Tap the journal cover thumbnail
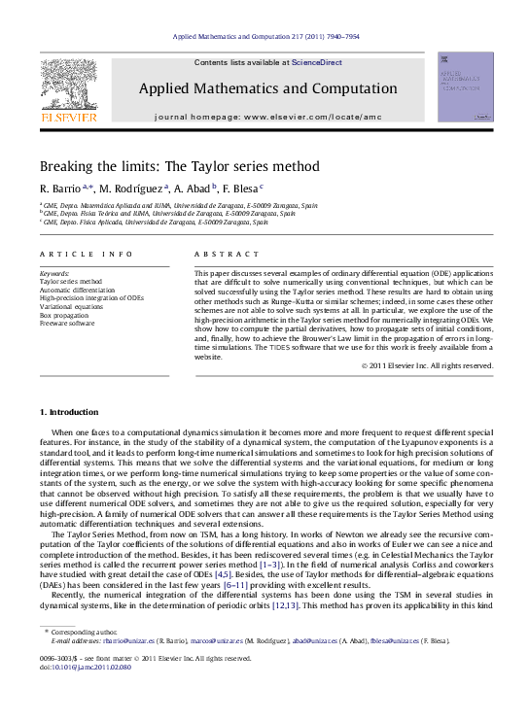coord(465,87)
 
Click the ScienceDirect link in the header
coord(317,62)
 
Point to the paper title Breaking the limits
coord(179,166)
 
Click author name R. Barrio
coord(61,189)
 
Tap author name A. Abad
coord(193,189)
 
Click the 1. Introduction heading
coord(68,440)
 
